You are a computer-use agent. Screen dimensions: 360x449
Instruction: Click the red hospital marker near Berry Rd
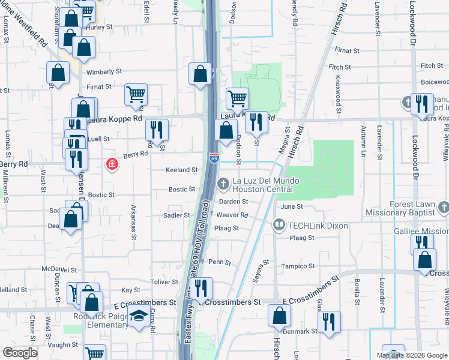(x=111, y=164)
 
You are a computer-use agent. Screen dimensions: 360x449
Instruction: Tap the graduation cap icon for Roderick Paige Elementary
(x=139, y=315)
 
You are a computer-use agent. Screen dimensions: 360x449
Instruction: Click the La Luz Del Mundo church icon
(x=223, y=182)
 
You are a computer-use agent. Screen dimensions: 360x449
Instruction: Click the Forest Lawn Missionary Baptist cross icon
(x=443, y=208)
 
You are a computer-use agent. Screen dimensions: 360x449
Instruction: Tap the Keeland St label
(x=182, y=170)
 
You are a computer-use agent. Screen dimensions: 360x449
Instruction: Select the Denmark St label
(x=301, y=331)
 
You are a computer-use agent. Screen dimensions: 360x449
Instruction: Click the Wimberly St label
(x=104, y=72)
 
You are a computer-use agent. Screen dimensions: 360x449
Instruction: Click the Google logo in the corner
(x=20, y=353)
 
